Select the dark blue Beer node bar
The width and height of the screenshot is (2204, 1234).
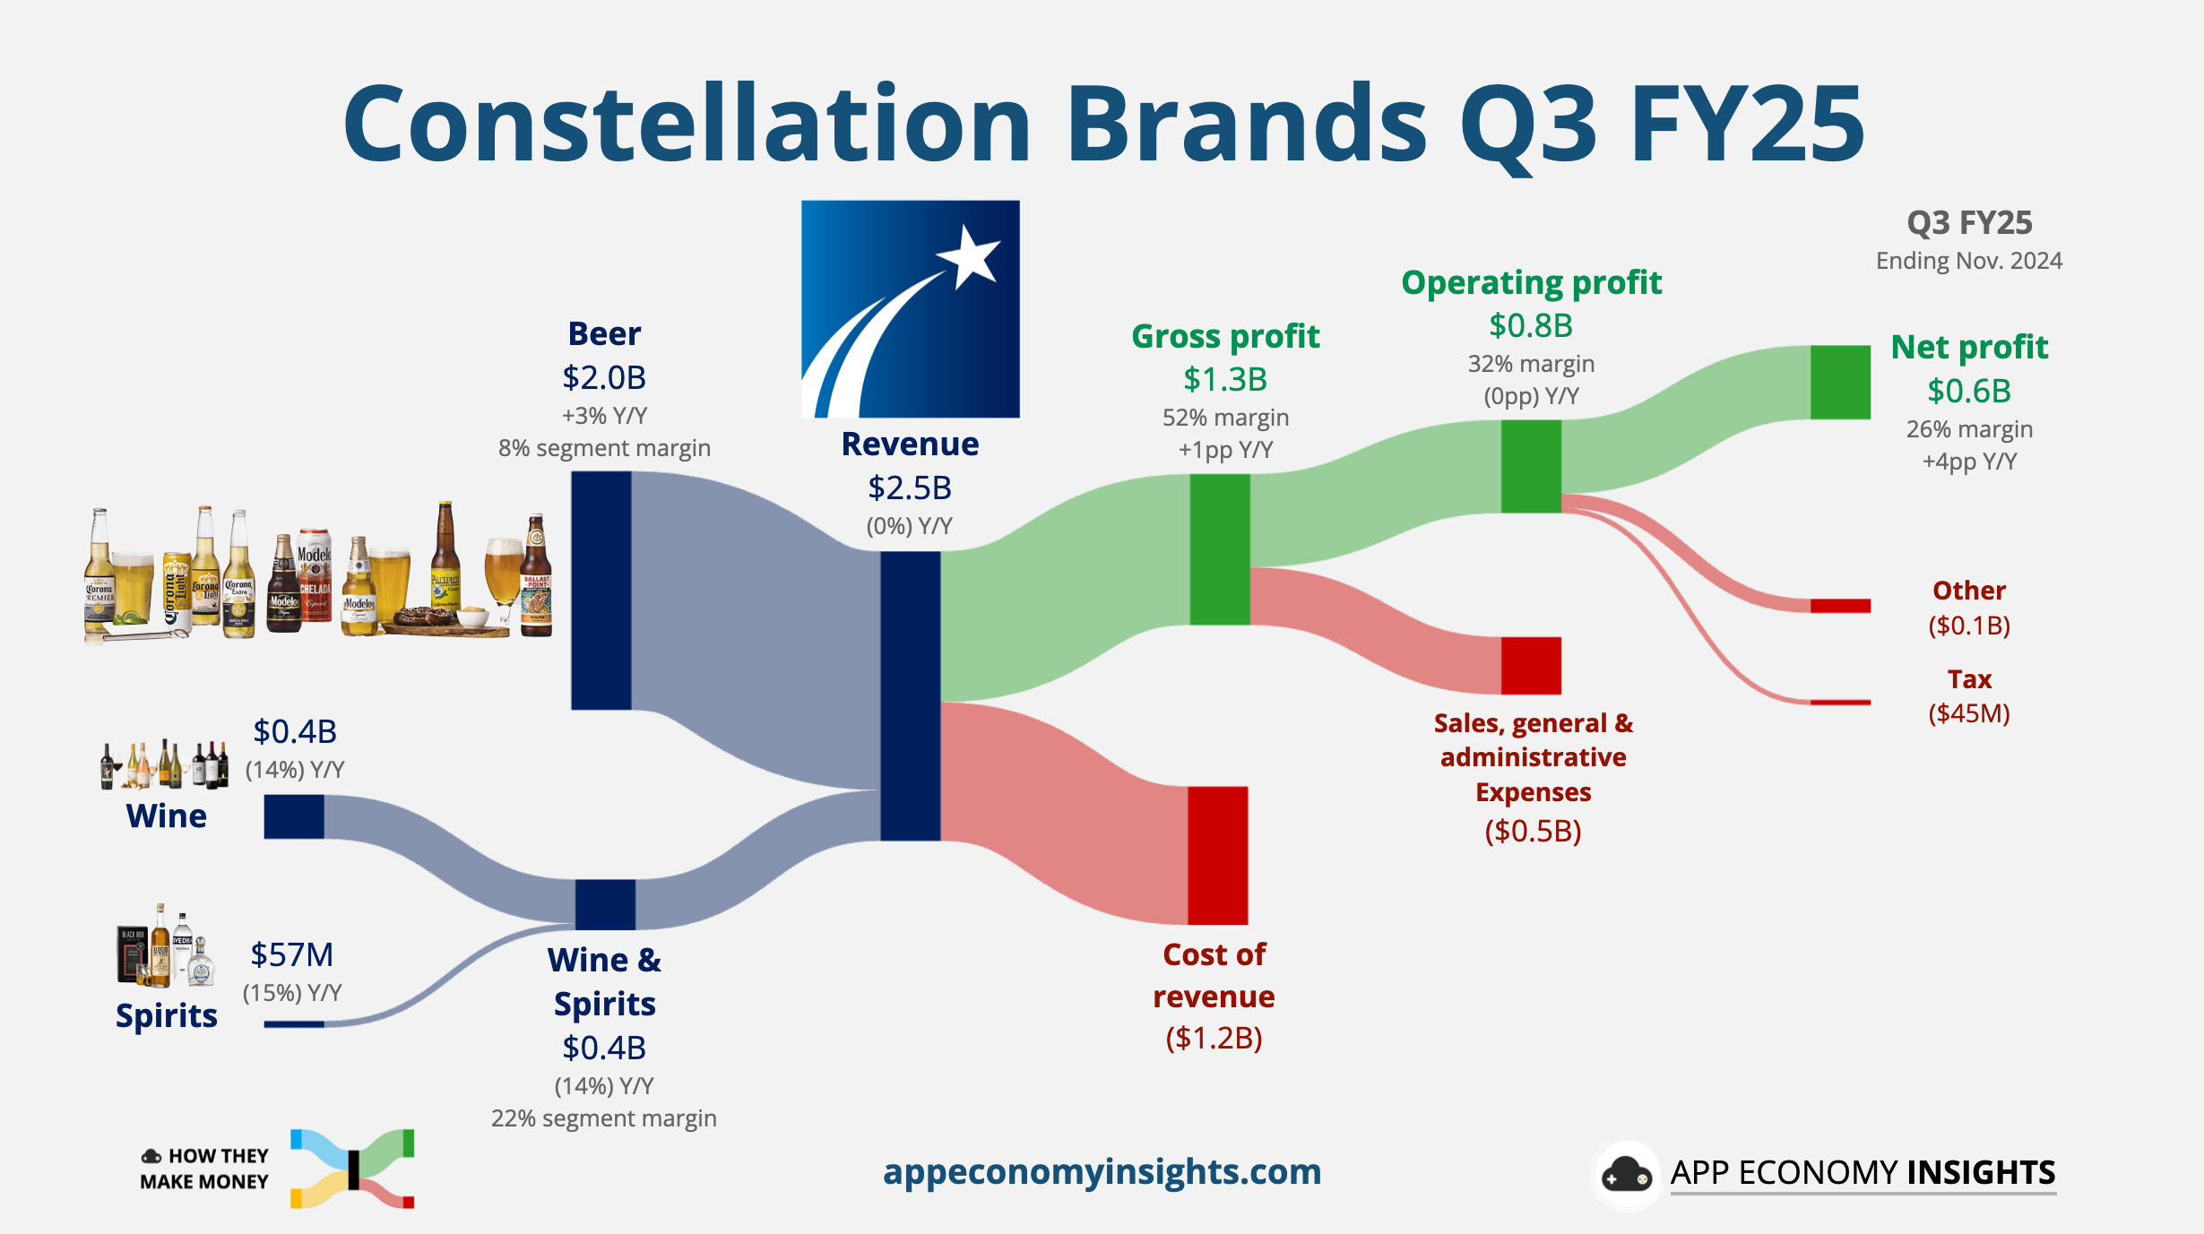tap(601, 590)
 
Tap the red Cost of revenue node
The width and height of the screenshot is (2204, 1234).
tap(1217, 855)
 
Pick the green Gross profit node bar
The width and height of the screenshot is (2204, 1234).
tap(1219, 548)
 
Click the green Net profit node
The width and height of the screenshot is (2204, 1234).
tap(1839, 382)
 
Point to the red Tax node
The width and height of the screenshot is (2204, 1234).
tap(1839, 703)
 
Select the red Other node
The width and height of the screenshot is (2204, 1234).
tap(1839, 606)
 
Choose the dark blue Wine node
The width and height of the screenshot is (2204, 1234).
tap(294, 816)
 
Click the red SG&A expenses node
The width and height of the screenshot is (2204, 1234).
tap(1531, 665)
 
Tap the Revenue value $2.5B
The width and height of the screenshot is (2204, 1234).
tap(909, 488)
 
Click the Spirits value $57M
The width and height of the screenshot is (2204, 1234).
tap(291, 954)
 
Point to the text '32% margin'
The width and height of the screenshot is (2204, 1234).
tap(1531, 364)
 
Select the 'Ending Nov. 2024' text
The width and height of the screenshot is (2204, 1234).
tap(1968, 261)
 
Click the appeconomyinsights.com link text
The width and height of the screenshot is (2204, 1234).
tap(1102, 1171)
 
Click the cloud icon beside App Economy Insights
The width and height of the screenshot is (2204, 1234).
tap(1625, 1175)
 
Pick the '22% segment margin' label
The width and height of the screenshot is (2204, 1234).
tap(603, 1118)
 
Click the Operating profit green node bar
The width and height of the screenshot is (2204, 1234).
tap(1531, 466)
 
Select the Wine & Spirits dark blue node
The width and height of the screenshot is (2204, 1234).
tap(605, 904)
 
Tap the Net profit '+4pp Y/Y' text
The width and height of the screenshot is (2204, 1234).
tap(1968, 462)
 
